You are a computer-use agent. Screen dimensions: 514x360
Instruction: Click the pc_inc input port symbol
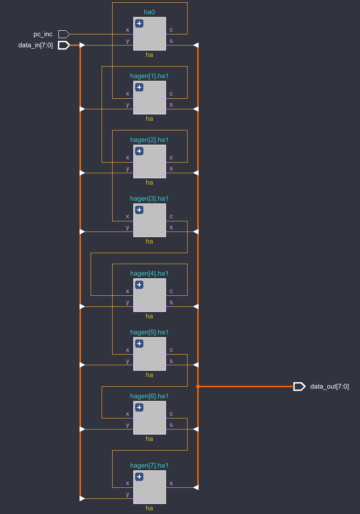point(63,34)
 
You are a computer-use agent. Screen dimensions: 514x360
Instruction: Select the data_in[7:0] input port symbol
point(63,45)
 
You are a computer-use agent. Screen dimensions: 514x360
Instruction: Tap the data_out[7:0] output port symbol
point(299,386)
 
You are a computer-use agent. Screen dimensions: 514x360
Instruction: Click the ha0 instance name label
point(149,12)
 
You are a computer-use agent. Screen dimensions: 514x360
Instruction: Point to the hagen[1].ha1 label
point(149,75)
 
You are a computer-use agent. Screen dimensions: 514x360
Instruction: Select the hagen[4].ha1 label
point(149,273)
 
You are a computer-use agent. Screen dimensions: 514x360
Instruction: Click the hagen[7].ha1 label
point(149,465)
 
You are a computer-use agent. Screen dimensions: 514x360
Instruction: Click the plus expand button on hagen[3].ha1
point(139,210)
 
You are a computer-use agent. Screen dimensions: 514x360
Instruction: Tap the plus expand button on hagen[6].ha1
point(139,407)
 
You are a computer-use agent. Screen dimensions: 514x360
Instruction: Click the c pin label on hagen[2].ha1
point(171,158)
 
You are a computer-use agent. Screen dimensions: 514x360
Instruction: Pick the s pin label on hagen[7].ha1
point(171,483)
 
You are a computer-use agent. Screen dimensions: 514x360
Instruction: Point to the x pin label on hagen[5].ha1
point(127,350)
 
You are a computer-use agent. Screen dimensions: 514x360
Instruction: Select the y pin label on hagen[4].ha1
point(127,302)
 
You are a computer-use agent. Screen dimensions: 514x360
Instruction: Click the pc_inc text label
point(43,34)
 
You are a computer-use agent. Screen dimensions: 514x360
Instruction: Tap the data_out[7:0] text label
point(330,386)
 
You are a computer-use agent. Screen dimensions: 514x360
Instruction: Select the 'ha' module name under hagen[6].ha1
point(149,439)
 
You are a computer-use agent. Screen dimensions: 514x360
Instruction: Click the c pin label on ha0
point(171,30)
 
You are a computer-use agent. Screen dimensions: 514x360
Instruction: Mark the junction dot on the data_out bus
point(198,386)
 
